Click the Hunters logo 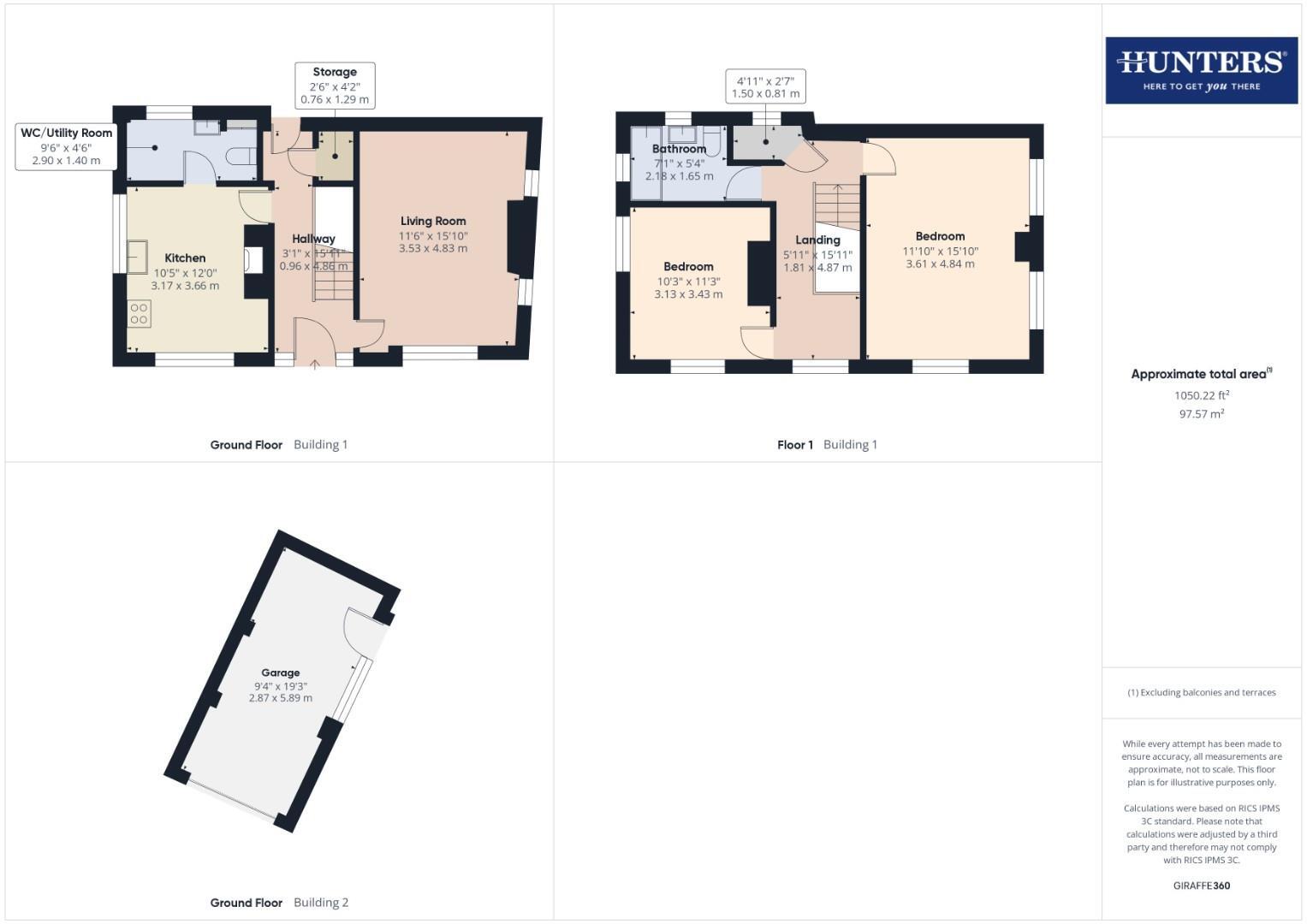(1201, 70)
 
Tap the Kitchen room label (185, 258)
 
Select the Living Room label (433, 222)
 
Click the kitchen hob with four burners (139, 314)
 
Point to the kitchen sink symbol (137, 257)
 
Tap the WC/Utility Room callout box (66, 146)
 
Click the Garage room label (280, 673)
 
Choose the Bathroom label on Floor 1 (679, 150)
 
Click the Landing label (817, 240)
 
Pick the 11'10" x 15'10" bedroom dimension (940, 252)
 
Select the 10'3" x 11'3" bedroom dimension (688, 281)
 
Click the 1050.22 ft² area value (1201, 396)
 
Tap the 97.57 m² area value (1201, 414)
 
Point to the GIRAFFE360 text (1201, 885)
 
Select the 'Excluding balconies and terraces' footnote (1201, 693)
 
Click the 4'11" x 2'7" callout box (765, 87)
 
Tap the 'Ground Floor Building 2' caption (279, 903)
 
